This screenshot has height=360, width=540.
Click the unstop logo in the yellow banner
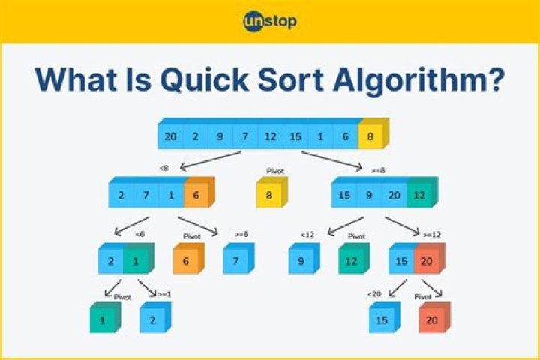270,20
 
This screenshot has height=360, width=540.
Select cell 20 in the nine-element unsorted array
170,136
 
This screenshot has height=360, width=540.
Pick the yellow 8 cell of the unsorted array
370,136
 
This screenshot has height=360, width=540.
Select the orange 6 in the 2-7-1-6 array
196,195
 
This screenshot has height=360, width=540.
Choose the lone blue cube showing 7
235,260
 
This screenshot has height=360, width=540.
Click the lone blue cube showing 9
301,260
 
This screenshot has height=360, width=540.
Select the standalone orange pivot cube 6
185,260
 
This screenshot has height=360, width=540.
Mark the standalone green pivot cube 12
351,260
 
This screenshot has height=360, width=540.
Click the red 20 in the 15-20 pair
426,260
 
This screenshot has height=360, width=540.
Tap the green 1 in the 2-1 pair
136,260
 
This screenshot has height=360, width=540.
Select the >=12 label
431,234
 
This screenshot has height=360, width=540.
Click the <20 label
373,293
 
